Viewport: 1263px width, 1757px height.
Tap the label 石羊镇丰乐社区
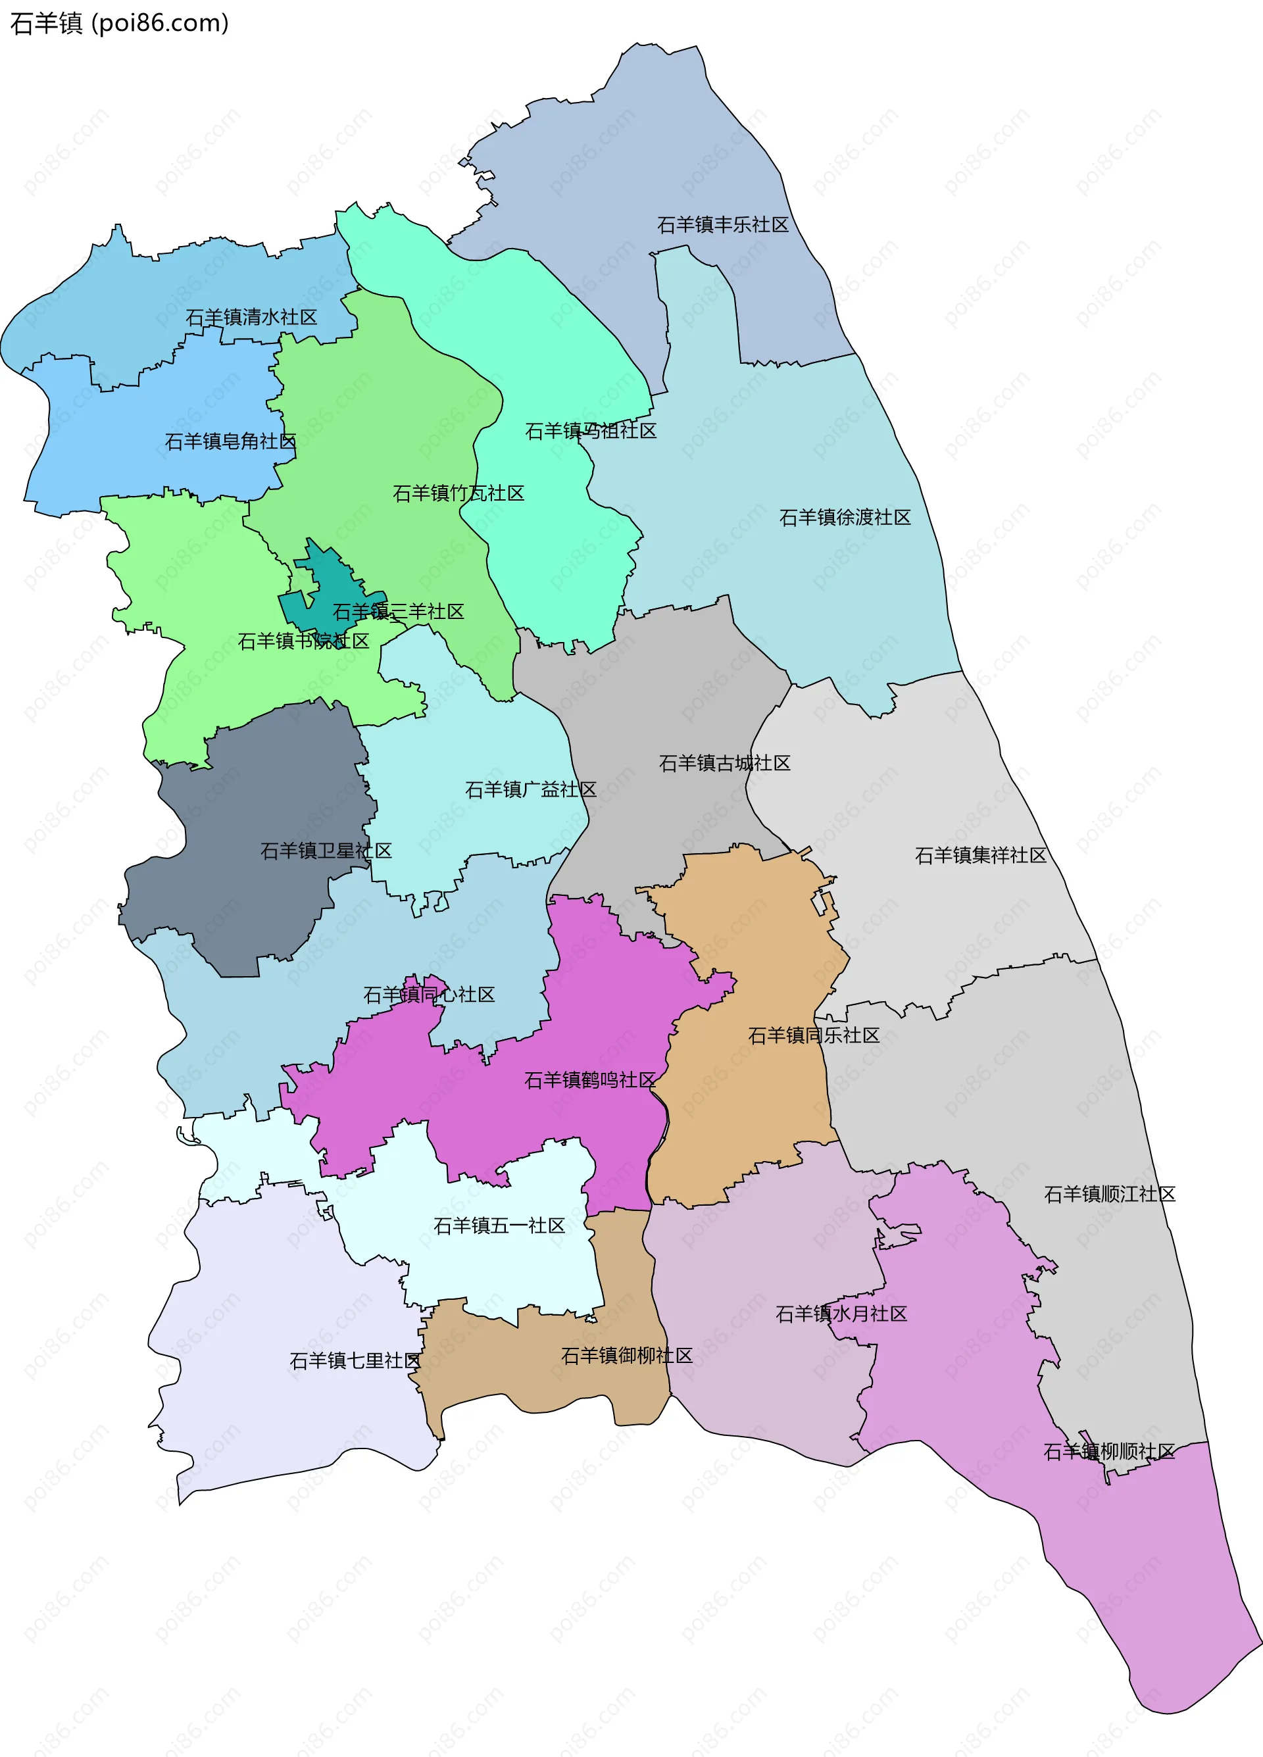(x=722, y=225)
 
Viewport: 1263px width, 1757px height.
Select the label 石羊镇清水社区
(x=251, y=317)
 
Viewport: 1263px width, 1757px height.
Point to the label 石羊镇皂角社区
(x=230, y=441)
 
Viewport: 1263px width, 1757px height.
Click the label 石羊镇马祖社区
(x=591, y=431)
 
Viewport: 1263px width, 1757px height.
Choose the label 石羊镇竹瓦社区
(x=458, y=493)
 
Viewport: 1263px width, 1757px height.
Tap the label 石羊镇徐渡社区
(x=845, y=518)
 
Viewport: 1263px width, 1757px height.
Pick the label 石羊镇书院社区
(x=303, y=641)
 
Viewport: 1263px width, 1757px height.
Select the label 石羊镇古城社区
(x=724, y=763)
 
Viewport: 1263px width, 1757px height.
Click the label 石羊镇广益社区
(x=530, y=789)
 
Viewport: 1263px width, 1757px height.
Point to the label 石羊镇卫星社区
(x=326, y=851)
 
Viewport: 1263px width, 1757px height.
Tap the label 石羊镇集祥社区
(x=980, y=855)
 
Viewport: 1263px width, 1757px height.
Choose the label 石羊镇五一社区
(x=499, y=1225)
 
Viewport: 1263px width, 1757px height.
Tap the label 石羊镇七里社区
(x=355, y=1361)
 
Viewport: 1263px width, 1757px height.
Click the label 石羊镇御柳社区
(x=626, y=1356)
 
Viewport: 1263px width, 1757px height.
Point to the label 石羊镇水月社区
(x=841, y=1314)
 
